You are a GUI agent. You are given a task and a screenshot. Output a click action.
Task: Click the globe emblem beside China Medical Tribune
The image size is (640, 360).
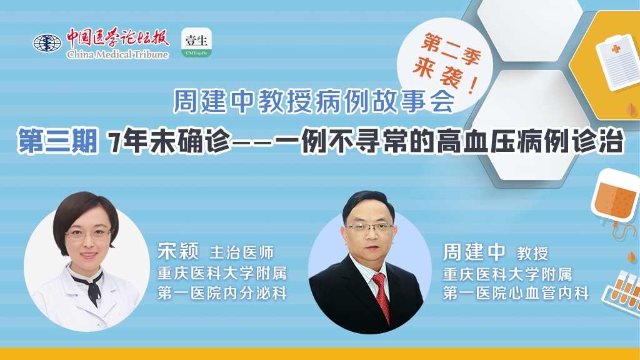(47, 43)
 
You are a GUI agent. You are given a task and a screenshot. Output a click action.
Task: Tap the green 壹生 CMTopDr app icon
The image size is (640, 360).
(196, 42)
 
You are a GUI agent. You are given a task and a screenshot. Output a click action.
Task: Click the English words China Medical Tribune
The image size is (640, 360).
(117, 54)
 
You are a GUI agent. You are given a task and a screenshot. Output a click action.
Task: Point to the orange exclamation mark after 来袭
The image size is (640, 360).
(472, 85)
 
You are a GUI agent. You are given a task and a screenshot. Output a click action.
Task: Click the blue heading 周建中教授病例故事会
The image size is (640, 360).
(314, 101)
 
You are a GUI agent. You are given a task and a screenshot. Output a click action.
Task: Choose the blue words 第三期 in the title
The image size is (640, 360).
(57, 141)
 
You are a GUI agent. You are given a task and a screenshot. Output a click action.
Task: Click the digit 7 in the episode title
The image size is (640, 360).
(115, 142)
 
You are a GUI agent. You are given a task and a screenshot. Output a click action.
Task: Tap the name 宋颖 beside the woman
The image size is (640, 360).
(178, 251)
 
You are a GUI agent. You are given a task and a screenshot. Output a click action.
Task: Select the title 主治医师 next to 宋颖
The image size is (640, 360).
(242, 252)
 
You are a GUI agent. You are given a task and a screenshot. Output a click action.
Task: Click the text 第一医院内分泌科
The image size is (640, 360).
(222, 293)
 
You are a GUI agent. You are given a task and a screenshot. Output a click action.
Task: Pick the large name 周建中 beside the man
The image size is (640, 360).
(474, 252)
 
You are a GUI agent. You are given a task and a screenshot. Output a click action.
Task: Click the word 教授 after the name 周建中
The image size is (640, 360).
(532, 254)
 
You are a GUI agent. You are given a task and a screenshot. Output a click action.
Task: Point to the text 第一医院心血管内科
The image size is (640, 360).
(516, 293)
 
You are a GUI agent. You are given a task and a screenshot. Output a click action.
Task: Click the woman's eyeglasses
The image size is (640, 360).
(87, 234)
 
